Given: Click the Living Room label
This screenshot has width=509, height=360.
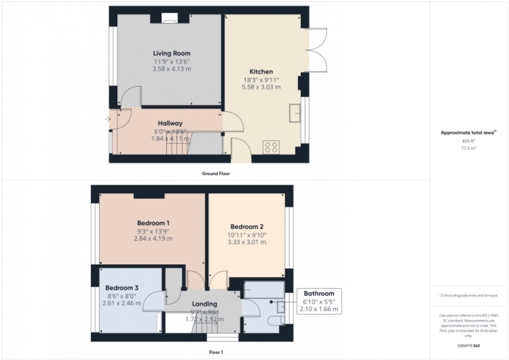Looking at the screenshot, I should coord(171,53).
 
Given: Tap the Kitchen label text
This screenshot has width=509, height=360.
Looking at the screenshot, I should coord(261,72).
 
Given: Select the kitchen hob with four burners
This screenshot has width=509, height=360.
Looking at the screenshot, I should coord(271,148).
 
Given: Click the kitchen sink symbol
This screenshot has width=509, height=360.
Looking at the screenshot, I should coord(297,112).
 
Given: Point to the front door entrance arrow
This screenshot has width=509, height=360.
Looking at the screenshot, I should coord(107,119).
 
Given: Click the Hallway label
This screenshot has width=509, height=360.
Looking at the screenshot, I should coord(170,123).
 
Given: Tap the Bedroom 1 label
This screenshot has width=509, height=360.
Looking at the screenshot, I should coord(154,223).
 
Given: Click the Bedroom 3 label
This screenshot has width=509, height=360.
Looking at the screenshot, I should coord(122,288).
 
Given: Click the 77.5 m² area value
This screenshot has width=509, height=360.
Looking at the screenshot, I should coord(469,148).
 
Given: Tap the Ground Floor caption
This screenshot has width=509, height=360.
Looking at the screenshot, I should coord(217,174).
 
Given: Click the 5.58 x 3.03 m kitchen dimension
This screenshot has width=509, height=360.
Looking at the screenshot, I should coord(262,87).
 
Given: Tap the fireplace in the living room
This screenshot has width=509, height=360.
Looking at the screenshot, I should coord(170,20).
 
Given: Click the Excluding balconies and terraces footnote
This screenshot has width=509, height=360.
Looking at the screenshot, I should coord(469,295).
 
